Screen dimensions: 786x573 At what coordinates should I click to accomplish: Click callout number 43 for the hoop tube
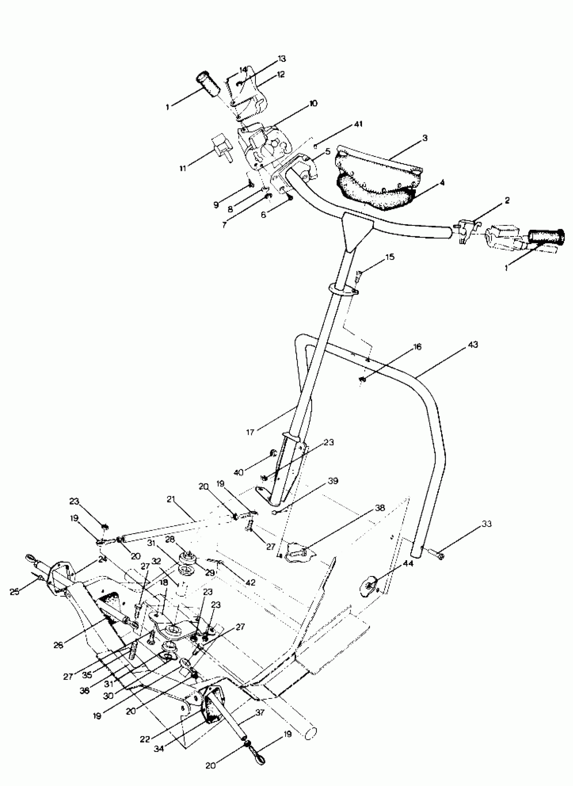[x=473, y=345]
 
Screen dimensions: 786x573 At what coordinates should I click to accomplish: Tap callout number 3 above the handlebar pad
[x=425, y=138]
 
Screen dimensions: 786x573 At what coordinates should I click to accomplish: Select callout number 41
[x=358, y=124]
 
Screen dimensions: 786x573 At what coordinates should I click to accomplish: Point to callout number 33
[x=487, y=524]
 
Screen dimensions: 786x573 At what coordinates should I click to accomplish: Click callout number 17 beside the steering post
[x=250, y=432]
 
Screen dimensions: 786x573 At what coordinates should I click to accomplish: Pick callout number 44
[x=408, y=564]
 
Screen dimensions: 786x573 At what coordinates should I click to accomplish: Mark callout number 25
[x=14, y=592]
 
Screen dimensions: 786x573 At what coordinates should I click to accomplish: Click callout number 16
[x=417, y=347]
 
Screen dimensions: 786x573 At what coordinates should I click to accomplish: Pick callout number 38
[x=380, y=508]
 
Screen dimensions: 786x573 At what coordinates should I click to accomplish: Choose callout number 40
[x=239, y=472]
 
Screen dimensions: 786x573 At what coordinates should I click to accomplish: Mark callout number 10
[x=313, y=103]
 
